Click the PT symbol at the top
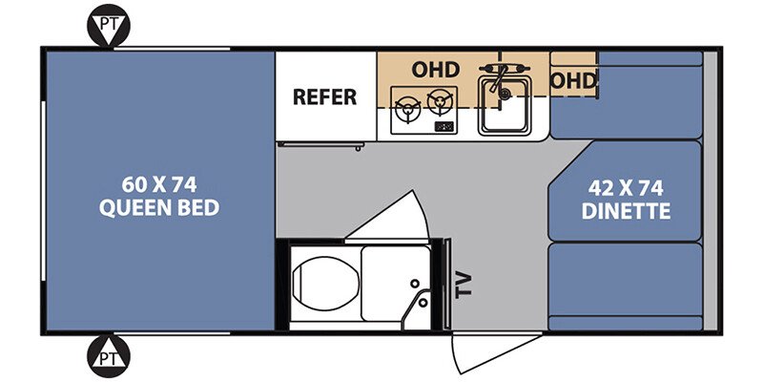[109, 26]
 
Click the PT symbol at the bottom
[109, 356]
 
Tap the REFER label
[324, 97]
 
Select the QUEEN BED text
[159, 208]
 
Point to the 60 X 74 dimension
[159, 184]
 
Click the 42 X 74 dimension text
[626, 188]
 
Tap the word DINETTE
[626, 211]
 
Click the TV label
[464, 284]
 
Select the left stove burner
[408, 109]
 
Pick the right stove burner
[440, 102]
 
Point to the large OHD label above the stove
[436, 70]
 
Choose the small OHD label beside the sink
[574, 81]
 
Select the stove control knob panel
[443, 127]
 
